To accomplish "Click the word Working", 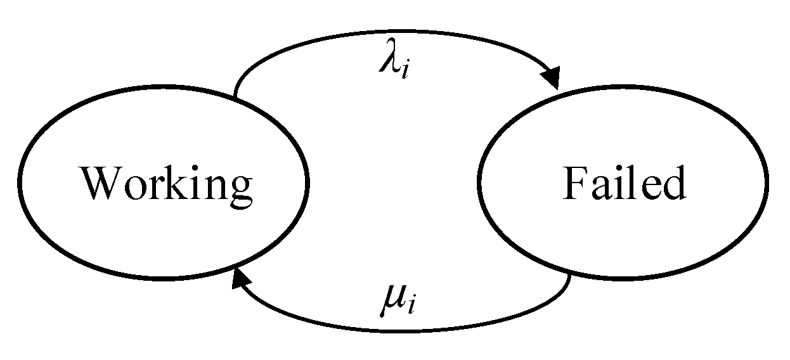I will [x=166, y=185].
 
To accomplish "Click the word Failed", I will [x=624, y=185].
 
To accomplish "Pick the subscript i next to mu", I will [x=411, y=309].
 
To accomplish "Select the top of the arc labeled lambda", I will [x=393, y=31].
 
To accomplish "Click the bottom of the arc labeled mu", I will [x=399, y=330].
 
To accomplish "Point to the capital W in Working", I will [x=103, y=184].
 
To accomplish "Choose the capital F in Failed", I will [x=574, y=184].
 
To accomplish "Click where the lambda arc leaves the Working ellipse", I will [x=235, y=96].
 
